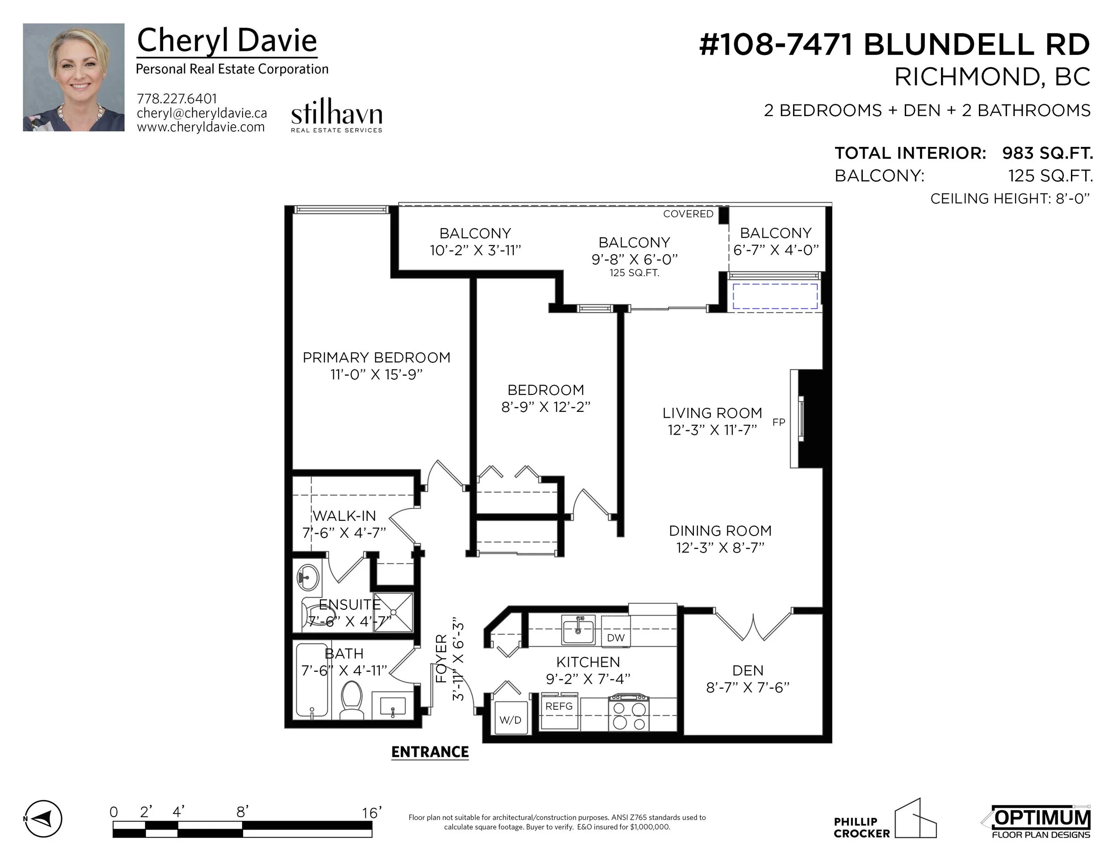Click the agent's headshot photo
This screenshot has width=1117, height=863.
[74, 77]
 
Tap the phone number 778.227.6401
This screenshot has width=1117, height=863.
[177, 99]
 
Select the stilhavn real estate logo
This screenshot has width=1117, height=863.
[336, 117]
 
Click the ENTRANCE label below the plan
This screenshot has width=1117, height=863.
[430, 752]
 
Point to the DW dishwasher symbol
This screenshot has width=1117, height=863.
[616, 637]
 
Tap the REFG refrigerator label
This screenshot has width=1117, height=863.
[559, 707]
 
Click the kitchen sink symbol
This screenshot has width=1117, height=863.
[579, 630]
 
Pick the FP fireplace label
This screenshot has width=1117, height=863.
[778, 422]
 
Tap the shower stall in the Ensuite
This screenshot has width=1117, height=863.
[393, 612]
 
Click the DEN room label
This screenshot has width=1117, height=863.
[748, 671]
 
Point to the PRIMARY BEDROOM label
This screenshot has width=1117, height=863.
[376, 358]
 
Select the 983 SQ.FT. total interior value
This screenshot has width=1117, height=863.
[1047, 153]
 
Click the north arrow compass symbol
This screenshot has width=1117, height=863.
[43, 818]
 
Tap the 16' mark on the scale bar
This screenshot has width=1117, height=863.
[372, 813]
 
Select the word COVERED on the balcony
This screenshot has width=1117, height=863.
[688, 214]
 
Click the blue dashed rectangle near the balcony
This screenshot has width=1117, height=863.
[775, 296]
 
